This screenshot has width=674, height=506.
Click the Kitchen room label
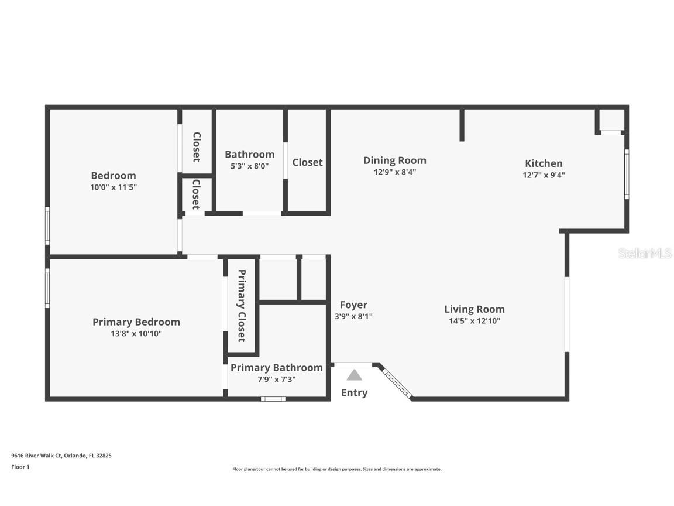coord(543,163)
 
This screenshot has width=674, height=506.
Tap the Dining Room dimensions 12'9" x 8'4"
coord(394,173)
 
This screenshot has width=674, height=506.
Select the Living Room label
coord(474,309)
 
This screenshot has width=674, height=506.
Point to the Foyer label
coord(353,305)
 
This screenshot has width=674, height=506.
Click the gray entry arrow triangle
coord(354,375)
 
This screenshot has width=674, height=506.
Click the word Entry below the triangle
coord(354,392)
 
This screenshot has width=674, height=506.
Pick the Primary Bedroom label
coord(136,322)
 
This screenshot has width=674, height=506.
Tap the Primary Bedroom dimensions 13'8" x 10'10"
coord(136,334)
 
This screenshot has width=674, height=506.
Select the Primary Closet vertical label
coord(241,306)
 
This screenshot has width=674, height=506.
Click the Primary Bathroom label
coord(276,367)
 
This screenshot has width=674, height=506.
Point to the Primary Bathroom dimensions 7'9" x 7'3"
coord(276,379)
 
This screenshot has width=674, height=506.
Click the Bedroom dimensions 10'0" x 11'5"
coord(113,187)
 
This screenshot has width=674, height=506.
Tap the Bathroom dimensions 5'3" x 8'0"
coord(249,166)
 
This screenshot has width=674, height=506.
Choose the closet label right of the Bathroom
coord(307,162)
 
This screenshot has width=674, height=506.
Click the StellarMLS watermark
coord(645,253)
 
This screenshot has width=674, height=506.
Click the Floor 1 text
coord(20,467)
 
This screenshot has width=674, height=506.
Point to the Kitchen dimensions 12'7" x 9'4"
coord(543,175)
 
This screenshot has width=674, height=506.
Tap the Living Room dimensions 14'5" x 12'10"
coord(474,321)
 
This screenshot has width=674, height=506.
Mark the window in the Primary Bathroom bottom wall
coord(273,399)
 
